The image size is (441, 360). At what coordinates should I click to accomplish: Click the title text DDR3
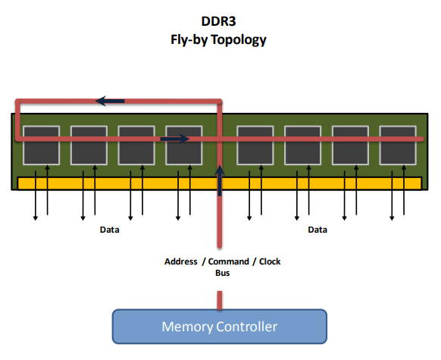pyautogui.click(x=218, y=21)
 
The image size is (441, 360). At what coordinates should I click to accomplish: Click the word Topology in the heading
pyautogui.click(x=239, y=40)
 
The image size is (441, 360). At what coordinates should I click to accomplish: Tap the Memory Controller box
pyautogui.click(x=220, y=327)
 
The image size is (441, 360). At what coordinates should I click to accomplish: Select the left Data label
pyautogui.click(x=109, y=230)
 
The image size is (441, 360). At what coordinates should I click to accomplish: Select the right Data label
pyautogui.click(x=317, y=230)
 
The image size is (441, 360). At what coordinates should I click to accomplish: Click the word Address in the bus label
pyautogui.click(x=181, y=261)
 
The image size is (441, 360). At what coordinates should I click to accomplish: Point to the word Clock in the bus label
pyautogui.click(x=270, y=261)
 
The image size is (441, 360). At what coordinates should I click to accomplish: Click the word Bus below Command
pyautogui.click(x=223, y=273)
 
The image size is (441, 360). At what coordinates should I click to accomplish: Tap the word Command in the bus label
pyautogui.click(x=229, y=261)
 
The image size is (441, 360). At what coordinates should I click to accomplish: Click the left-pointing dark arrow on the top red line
pyautogui.click(x=110, y=101)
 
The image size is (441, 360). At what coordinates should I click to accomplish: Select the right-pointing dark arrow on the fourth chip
pyautogui.click(x=174, y=139)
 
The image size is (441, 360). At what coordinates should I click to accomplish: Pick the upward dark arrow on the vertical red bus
pyautogui.click(x=220, y=180)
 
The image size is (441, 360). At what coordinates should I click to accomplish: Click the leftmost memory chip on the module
pyautogui.click(x=42, y=145)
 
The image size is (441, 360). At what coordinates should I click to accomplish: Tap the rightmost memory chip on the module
pyautogui.click(x=398, y=145)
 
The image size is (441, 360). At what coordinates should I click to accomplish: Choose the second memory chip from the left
pyautogui.click(x=89, y=145)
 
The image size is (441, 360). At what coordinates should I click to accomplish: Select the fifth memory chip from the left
pyautogui.click(x=255, y=145)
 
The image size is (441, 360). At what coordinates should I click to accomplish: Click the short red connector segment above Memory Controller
pyautogui.click(x=220, y=300)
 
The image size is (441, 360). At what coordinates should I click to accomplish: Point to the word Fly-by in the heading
pyautogui.click(x=189, y=40)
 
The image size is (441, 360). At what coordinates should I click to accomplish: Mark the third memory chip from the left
pyautogui.click(x=136, y=145)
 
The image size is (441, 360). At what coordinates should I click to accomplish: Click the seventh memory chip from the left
pyautogui.click(x=350, y=145)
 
